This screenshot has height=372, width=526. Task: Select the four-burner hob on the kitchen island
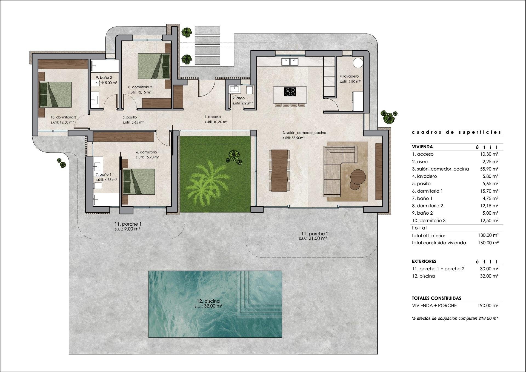tap(290, 91)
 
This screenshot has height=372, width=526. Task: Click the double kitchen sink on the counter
tap(290, 62)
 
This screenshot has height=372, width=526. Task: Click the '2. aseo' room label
tap(238, 98)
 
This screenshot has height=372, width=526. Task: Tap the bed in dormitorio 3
tap(55, 94)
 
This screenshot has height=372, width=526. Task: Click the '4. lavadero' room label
tap(349, 76)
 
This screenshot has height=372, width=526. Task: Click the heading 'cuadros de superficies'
tap(456, 132)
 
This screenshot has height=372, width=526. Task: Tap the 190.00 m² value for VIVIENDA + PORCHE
tap(488, 305)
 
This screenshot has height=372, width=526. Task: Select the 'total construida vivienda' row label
tap(439, 243)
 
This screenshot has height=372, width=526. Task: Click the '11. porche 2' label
tap(315, 234)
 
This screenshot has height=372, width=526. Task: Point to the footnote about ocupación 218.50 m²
tap(454, 318)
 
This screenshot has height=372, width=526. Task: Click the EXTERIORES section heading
tap(424, 261)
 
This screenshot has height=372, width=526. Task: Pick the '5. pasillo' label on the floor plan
tap(130, 117)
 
